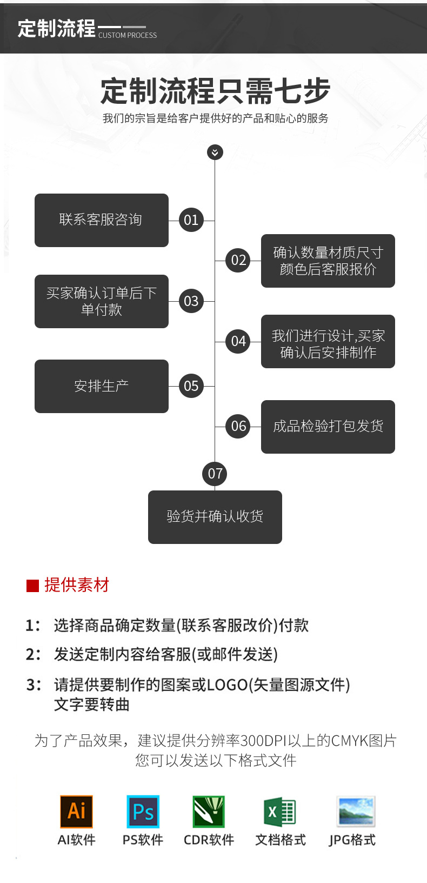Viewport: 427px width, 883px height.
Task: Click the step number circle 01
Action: pyautogui.click(x=191, y=220)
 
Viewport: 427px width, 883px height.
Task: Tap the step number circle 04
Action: pyautogui.click(x=238, y=341)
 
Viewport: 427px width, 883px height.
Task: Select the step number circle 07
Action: pyautogui.click(x=215, y=474)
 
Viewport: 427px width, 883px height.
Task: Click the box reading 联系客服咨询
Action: pyautogui.click(x=102, y=220)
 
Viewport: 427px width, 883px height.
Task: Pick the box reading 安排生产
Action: pyautogui.click(x=102, y=386)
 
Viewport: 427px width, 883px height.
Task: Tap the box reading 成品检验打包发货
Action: pyautogui.click(x=328, y=427)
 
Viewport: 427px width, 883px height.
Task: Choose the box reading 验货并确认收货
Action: pyautogui.click(x=215, y=517)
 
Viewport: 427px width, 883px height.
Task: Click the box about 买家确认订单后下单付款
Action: pyautogui.click(x=102, y=301)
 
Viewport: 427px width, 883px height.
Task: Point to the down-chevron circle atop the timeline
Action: pyautogui.click(x=215, y=152)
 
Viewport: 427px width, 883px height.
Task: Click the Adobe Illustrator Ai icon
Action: pyautogui.click(x=76, y=811)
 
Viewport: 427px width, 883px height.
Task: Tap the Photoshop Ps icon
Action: pyautogui.click(x=143, y=811)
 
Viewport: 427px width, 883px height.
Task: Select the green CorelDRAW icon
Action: pyautogui.click(x=209, y=811)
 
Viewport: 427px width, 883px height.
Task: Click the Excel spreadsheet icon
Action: pyautogui.click(x=280, y=811)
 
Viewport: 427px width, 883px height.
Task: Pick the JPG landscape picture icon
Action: pyautogui.click(x=355, y=811)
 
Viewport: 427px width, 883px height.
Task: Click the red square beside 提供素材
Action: pyautogui.click(x=33, y=586)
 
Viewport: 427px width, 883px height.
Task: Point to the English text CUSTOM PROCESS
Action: pyautogui.click(x=128, y=35)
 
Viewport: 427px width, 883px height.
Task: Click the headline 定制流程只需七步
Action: pyautogui.click(x=215, y=91)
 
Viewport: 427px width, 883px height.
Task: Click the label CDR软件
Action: pyautogui.click(x=209, y=840)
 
